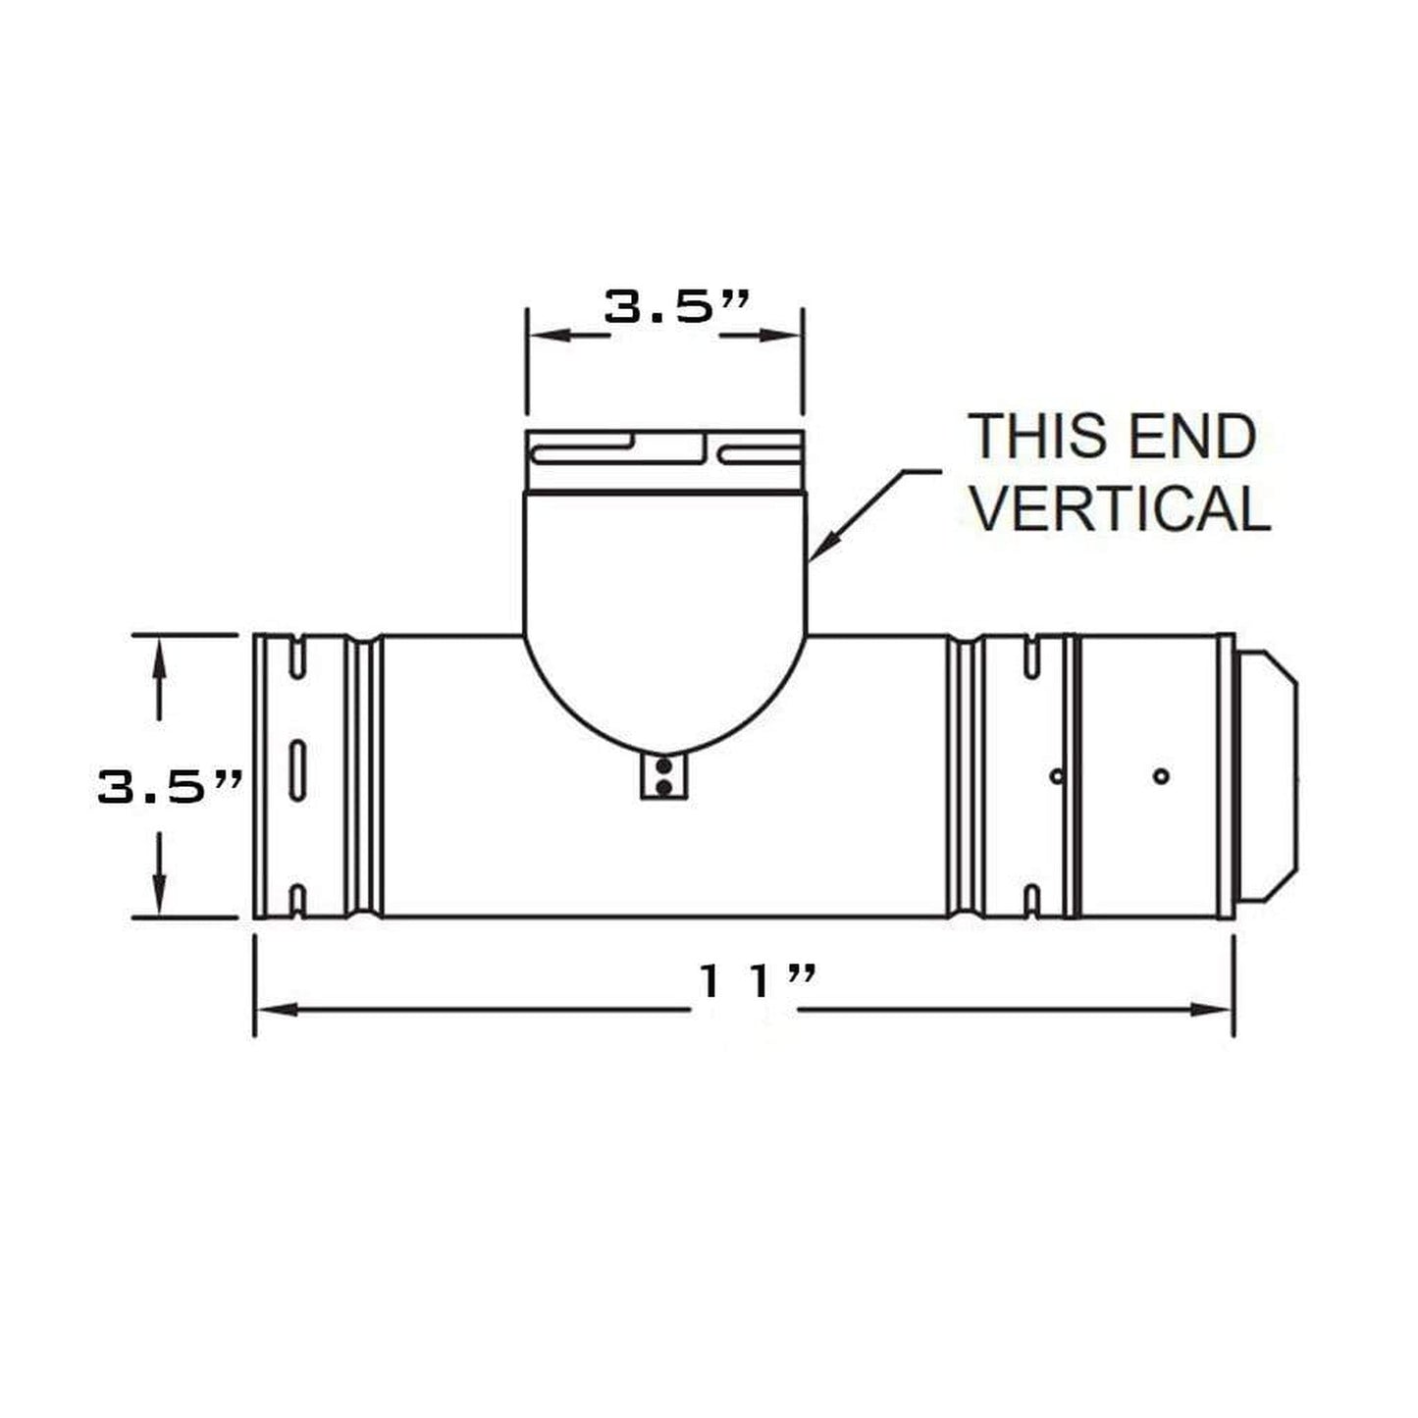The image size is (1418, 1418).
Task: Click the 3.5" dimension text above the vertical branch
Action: point(676,306)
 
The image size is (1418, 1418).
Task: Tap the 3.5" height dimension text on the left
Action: point(169,786)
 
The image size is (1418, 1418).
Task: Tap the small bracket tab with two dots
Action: point(663,778)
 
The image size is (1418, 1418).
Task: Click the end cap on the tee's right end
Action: point(1268,775)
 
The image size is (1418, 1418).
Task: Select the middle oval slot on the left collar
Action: point(297,769)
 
